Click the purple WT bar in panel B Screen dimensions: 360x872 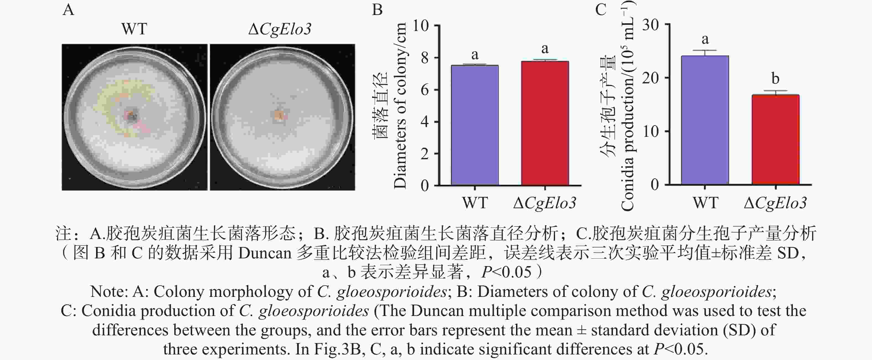coord(474,125)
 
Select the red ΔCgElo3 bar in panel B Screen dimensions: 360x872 coord(545,124)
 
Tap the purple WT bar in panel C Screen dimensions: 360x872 coord(705,120)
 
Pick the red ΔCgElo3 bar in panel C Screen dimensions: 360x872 coord(775,140)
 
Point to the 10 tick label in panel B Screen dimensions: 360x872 coord(420,25)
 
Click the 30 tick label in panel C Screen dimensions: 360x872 coord(650,25)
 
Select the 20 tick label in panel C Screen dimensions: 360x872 coord(650,78)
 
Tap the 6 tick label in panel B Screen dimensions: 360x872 coord(424,90)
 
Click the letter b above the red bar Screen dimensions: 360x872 coord(775,79)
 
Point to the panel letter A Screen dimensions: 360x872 coord(68,9)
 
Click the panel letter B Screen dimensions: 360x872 coord(377,9)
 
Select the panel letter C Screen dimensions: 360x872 coord(600,9)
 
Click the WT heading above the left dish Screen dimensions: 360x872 coord(134,29)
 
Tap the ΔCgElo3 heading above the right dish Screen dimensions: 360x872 coord(280,29)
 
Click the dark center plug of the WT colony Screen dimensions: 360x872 coord(131,115)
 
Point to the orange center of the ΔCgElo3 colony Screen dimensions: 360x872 coord(280,115)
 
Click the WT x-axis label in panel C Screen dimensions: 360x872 coord(705,203)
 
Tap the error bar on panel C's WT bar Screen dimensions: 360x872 coord(705,53)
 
